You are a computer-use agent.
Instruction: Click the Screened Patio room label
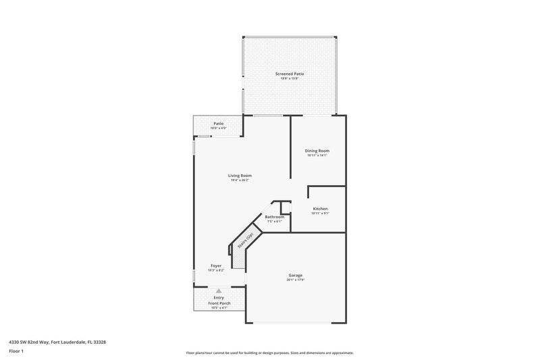click(289, 74)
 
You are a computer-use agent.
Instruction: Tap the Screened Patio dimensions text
click(289, 79)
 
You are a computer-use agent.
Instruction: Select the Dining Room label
click(317, 150)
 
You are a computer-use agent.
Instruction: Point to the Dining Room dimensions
click(317, 155)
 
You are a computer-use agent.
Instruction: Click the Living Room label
click(240, 175)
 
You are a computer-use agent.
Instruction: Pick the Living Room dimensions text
click(240, 180)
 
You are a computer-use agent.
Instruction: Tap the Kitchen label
click(320, 209)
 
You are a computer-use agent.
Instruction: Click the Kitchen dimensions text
click(320, 214)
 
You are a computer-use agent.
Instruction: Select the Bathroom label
click(275, 217)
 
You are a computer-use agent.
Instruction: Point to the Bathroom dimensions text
click(275, 222)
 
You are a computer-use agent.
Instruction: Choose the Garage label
click(295, 275)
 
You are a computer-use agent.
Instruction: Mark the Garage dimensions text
click(295, 280)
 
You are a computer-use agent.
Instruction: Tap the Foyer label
click(216, 265)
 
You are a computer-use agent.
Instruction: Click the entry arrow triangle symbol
click(218, 290)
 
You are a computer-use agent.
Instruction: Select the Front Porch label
click(218, 303)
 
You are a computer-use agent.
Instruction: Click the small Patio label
click(219, 123)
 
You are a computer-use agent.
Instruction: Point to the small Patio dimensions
click(219, 128)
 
